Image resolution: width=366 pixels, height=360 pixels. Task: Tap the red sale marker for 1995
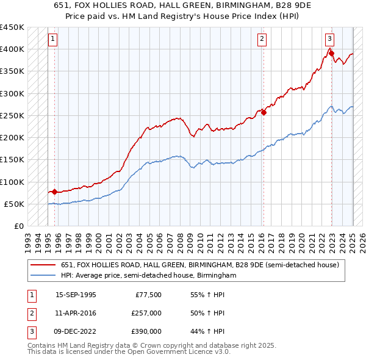(54, 192)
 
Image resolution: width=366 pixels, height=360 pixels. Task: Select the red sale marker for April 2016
(264, 112)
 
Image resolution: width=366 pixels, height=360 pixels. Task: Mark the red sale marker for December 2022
(331, 54)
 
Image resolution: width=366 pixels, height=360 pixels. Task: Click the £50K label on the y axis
(14, 204)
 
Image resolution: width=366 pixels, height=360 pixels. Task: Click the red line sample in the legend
(43, 265)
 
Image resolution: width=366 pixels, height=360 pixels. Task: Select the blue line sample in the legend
(43, 276)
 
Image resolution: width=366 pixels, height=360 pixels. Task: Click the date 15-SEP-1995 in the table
(76, 295)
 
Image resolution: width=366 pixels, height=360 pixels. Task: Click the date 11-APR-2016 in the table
(76, 313)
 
